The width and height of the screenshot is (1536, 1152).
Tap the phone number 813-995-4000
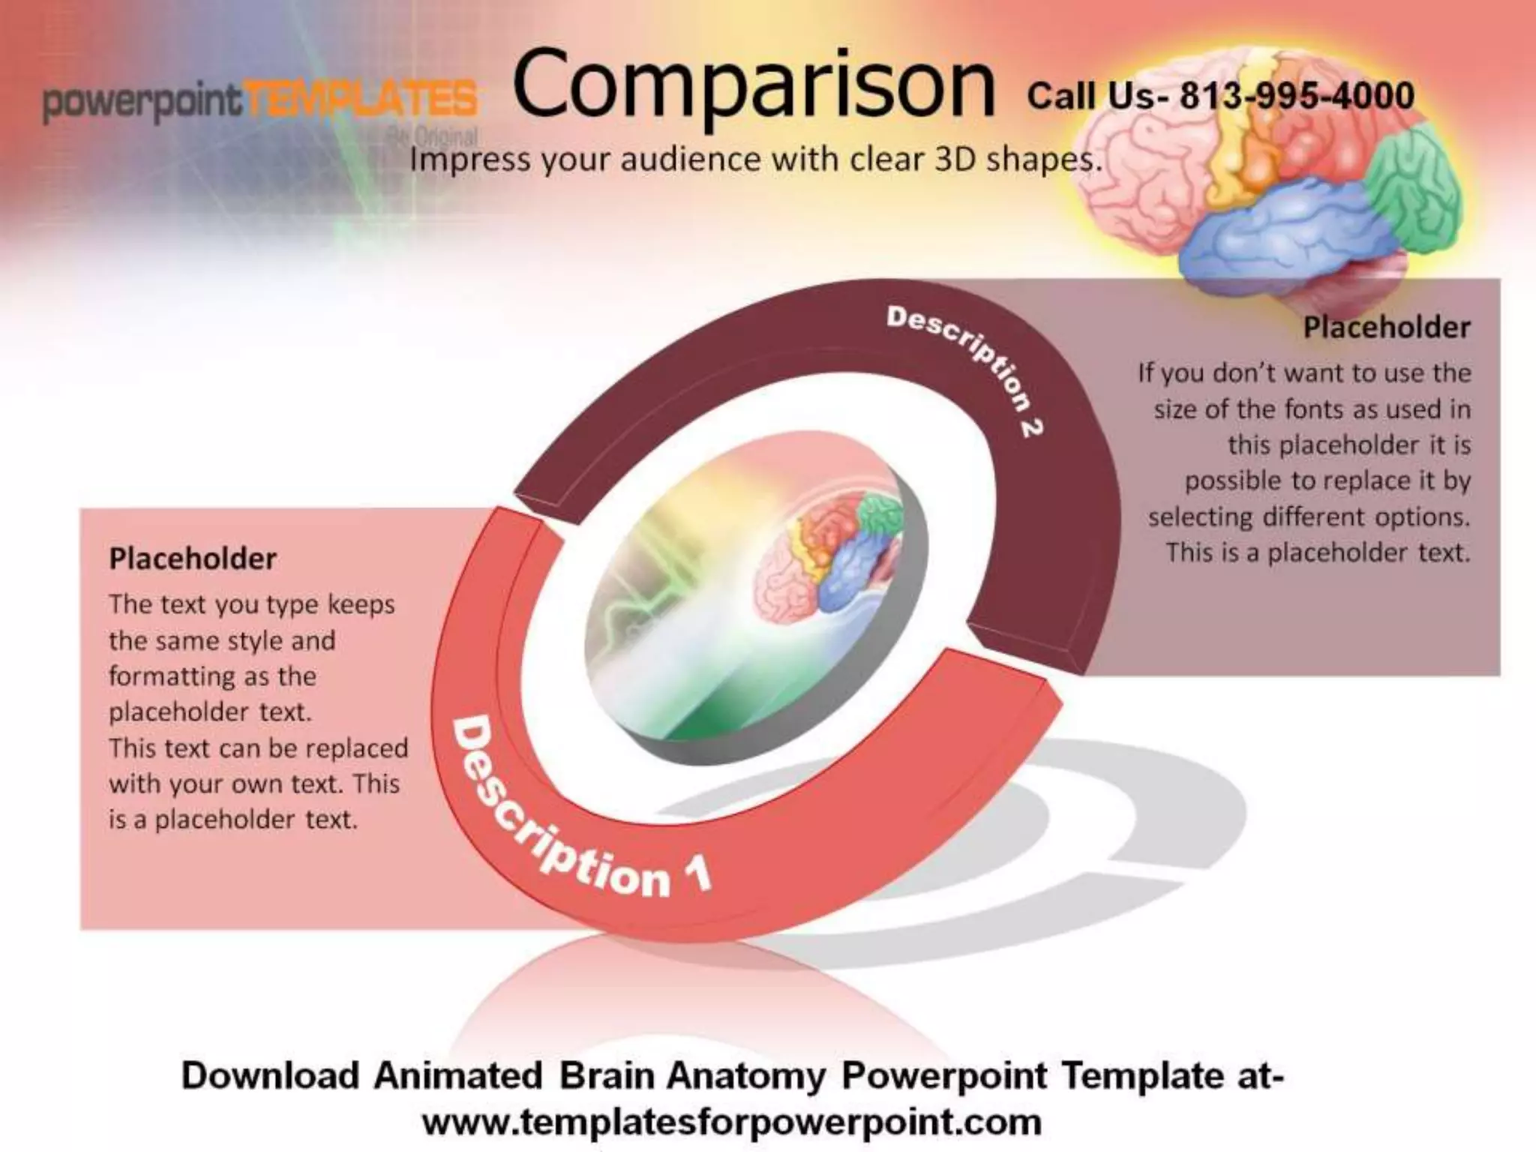(x=1297, y=97)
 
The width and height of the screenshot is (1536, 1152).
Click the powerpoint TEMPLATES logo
(x=259, y=102)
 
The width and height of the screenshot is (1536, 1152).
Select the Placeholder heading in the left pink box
(x=193, y=559)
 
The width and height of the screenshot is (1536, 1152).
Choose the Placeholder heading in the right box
(x=1386, y=328)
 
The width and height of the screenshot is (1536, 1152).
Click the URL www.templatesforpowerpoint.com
(x=731, y=1123)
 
